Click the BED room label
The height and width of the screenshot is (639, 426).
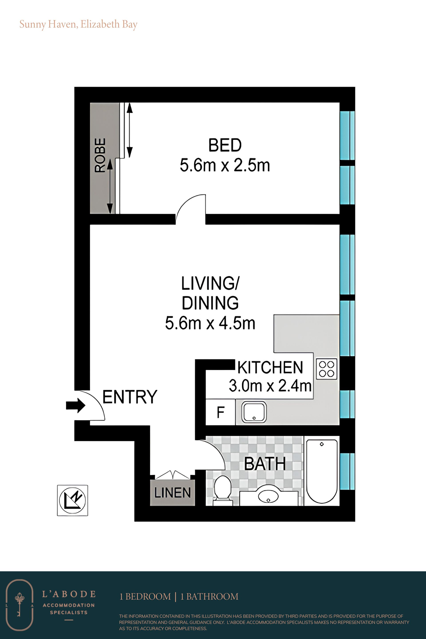click(x=225, y=145)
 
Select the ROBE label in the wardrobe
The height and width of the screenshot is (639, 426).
click(x=100, y=155)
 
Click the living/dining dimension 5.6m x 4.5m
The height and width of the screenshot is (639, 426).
click(x=210, y=323)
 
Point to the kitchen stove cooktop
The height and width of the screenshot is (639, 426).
click(x=327, y=369)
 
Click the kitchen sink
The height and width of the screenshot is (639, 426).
click(x=254, y=412)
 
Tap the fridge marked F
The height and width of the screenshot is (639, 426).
click(x=220, y=412)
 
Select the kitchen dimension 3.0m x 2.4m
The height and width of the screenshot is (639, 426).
click(x=270, y=386)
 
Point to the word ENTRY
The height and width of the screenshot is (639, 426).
click(x=130, y=397)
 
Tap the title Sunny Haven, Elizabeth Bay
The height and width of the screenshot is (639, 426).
click(x=79, y=24)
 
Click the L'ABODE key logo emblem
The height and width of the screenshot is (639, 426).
click(x=20, y=605)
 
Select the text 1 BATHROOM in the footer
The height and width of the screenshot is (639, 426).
click(x=209, y=597)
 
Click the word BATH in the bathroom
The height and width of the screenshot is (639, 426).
click(x=265, y=463)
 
